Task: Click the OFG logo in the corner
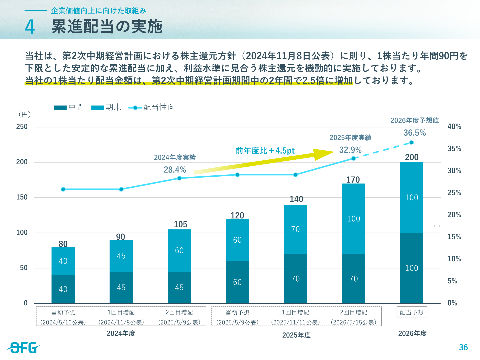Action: [x=23, y=348]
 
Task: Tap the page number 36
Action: [x=463, y=347]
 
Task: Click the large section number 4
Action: [x=30, y=27]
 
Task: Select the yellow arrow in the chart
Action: [x=264, y=162]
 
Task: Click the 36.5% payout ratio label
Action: [x=415, y=133]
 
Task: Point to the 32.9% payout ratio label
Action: [x=350, y=150]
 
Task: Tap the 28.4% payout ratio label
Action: [x=175, y=170]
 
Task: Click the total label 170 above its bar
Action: [x=353, y=180]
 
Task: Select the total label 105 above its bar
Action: [x=180, y=224]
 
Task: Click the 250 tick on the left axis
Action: [x=22, y=127]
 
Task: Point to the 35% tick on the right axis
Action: [x=454, y=149]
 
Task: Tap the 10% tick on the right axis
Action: [x=454, y=259]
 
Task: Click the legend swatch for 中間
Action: [x=60, y=108]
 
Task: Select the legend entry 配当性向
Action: [x=151, y=107]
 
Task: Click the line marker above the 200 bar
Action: [x=411, y=143]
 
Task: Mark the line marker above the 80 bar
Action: [x=63, y=189]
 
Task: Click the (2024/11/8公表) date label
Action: [x=121, y=322]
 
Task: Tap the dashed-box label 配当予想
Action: [x=412, y=312]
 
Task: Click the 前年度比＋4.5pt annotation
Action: [x=265, y=151]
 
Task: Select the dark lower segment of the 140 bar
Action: [x=295, y=279]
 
